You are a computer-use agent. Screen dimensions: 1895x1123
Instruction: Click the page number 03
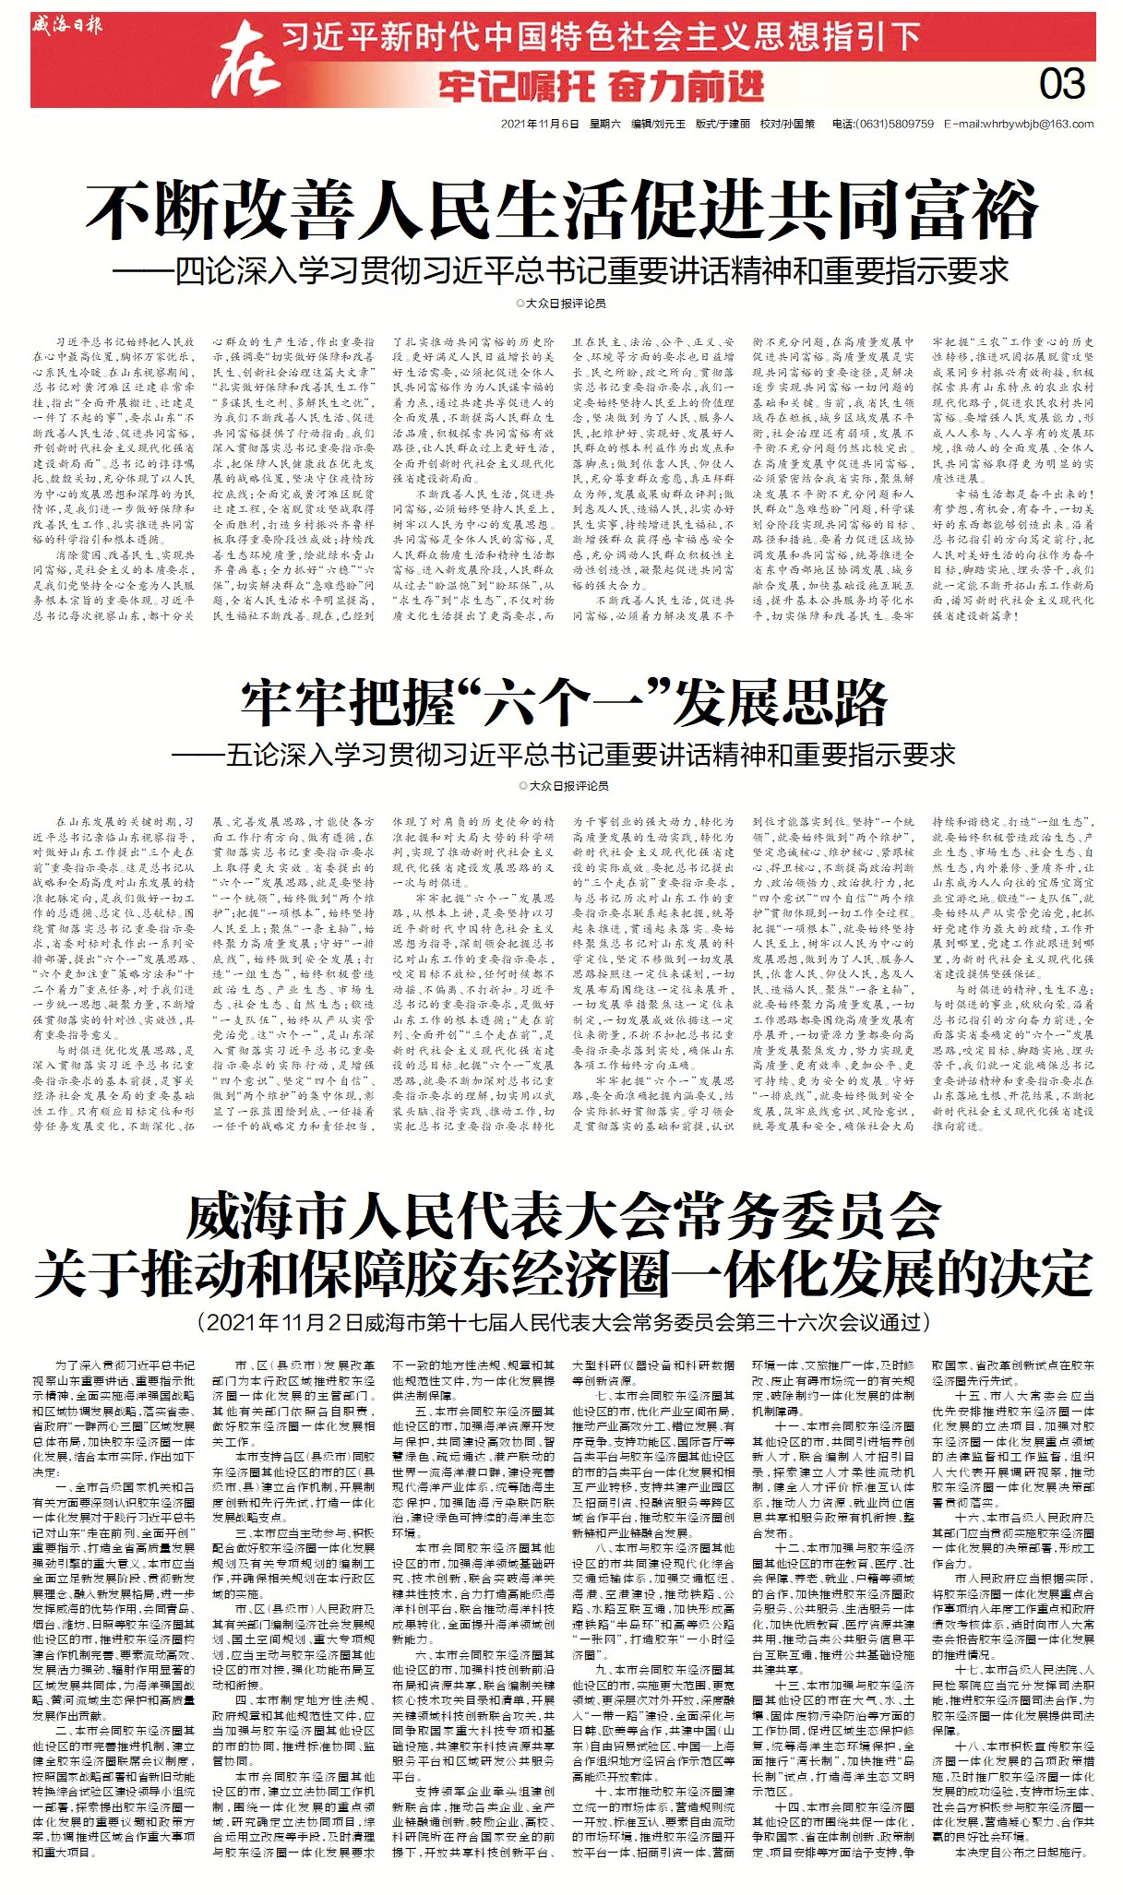coord(1061,84)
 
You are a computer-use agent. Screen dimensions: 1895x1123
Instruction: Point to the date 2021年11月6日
coord(540,124)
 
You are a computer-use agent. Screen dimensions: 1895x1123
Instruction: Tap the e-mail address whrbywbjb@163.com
coord(1019,124)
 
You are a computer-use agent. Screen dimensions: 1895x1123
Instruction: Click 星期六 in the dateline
coord(605,124)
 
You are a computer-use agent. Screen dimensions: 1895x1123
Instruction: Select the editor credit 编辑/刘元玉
coord(658,124)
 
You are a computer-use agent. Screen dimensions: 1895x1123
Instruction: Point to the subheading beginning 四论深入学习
coord(561,270)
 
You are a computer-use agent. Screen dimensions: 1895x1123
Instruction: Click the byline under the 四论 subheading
coord(561,303)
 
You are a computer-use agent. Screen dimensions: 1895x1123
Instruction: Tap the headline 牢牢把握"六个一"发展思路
coord(563,704)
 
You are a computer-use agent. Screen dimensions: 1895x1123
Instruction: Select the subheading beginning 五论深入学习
coord(563,755)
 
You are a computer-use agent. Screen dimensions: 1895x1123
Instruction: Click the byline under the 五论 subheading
coord(563,785)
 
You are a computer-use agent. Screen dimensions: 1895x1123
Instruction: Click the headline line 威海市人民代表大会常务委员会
coord(563,1217)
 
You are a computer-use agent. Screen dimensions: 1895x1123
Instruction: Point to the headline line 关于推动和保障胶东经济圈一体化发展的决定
coord(563,1274)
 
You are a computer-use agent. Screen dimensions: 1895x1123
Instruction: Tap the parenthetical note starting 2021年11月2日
coord(563,1322)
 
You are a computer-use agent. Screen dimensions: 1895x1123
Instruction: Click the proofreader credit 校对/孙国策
coord(787,124)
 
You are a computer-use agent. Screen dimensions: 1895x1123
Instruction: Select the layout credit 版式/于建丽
coord(723,124)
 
